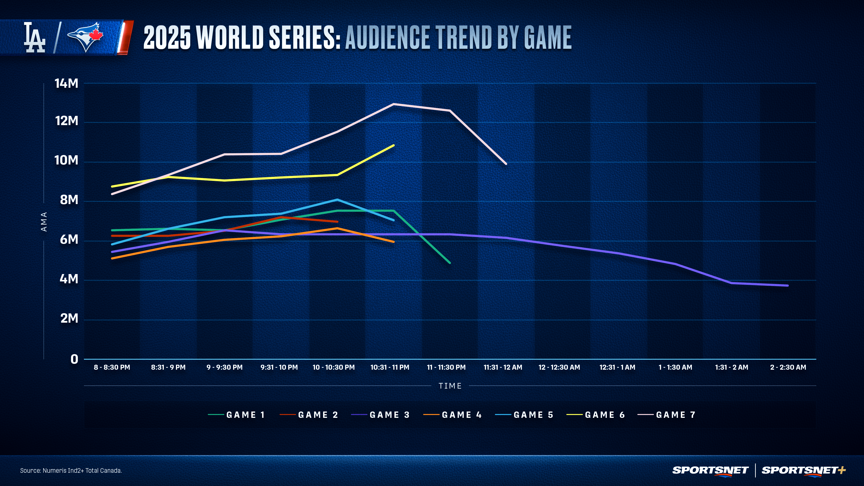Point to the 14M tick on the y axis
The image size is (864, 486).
coord(66,83)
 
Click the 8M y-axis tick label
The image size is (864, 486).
coord(69,200)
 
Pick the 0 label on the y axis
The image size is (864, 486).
coord(74,359)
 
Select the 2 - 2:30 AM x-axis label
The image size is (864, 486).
coord(788,367)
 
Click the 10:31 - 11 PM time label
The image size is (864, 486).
coord(390,367)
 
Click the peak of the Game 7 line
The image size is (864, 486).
coord(394,104)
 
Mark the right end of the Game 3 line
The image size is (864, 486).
coord(787,286)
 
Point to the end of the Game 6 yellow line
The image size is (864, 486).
coord(394,145)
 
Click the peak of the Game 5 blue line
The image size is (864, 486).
coord(337,200)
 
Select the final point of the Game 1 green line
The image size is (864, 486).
coord(450,263)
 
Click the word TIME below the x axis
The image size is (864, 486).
coord(450,386)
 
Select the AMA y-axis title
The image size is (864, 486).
coord(44,221)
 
